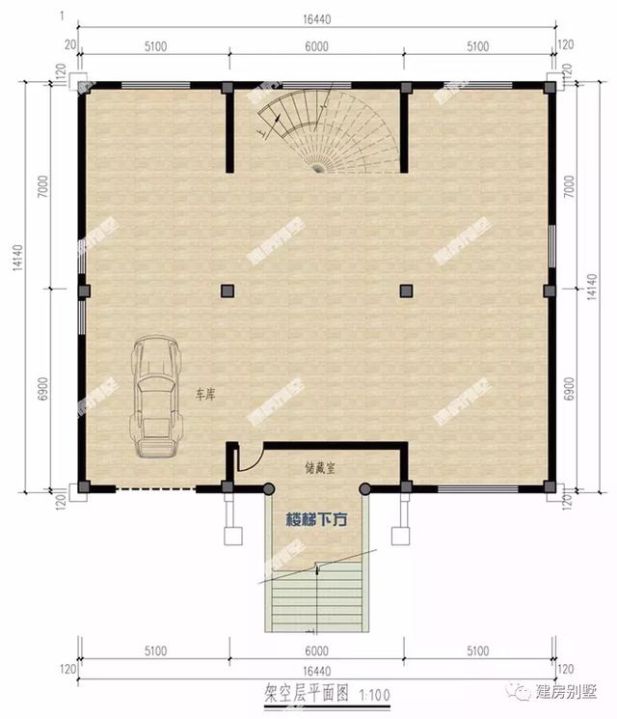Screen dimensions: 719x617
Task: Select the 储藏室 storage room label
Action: pyautogui.click(x=316, y=466)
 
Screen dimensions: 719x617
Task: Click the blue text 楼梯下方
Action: pyautogui.click(x=316, y=519)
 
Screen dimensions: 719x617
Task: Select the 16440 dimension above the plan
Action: pyautogui.click(x=317, y=17)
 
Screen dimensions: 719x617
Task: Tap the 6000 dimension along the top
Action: pyautogui.click(x=317, y=45)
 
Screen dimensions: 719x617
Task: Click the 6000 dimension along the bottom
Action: pyautogui.click(x=317, y=650)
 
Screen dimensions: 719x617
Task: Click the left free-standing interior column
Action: pyautogui.click(x=228, y=290)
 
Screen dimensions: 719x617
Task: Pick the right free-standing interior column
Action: pyautogui.click(x=406, y=290)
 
